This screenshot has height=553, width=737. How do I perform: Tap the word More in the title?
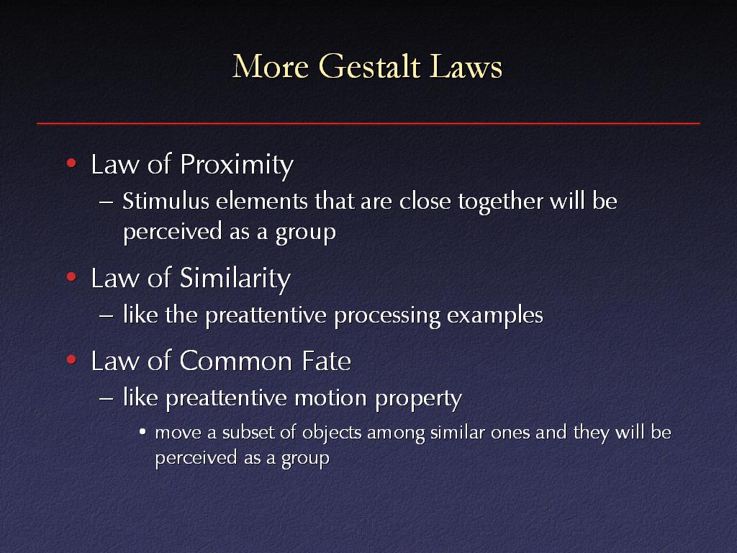click(x=271, y=66)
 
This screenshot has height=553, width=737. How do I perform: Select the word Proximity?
click(x=237, y=166)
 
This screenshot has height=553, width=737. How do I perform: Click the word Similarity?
click(x=235, y=279)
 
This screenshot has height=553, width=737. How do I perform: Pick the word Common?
click(x=236, y=361)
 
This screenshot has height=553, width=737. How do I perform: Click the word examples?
click(x=495, y=315)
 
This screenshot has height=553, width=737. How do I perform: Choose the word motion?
click(x=330, y=398)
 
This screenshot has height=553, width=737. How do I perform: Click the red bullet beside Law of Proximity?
click(x=71, y=163)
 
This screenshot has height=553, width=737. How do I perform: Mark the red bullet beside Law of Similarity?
click(x=71, y=277)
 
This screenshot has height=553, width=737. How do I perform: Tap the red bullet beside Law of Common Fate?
click(x=71, y=360)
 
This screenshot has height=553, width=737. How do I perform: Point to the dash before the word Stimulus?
click(x=107, y=202)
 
